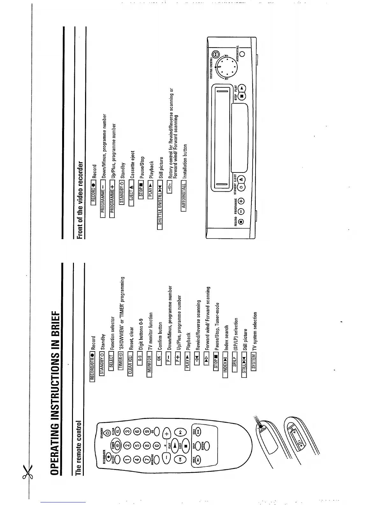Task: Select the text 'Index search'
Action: click(x=226, y=338)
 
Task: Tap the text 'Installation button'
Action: click(x=185, y=161)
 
